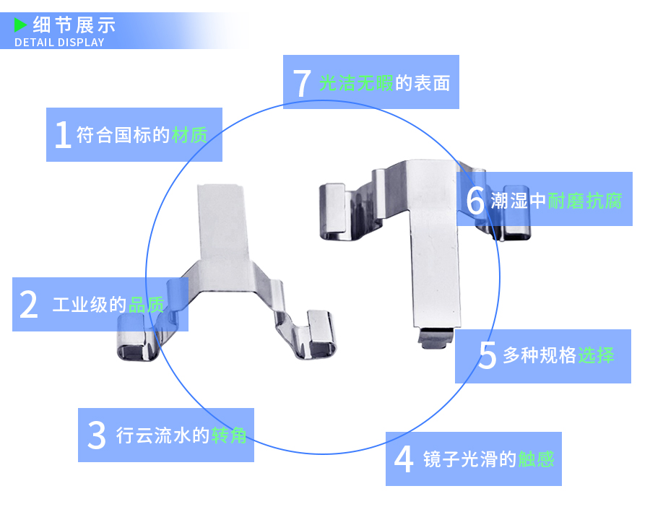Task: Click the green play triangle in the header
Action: point(21,25)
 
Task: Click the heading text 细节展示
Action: point(74,25)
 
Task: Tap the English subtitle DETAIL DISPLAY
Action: point(59,42)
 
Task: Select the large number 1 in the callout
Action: point(63,135)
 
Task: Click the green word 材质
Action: point(189,135)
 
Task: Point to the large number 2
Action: point(28,305)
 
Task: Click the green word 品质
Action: point(147,305)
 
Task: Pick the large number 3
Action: point(96,435)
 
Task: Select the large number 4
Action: point(404,459)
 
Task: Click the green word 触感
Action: point(536,459)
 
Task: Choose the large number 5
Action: point(487,355)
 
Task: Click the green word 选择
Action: point(596,355)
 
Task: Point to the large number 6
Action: point(475,200)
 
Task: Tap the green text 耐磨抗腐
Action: point(584,200)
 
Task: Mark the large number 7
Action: point(302,83)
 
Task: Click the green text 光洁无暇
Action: point(356,83)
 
